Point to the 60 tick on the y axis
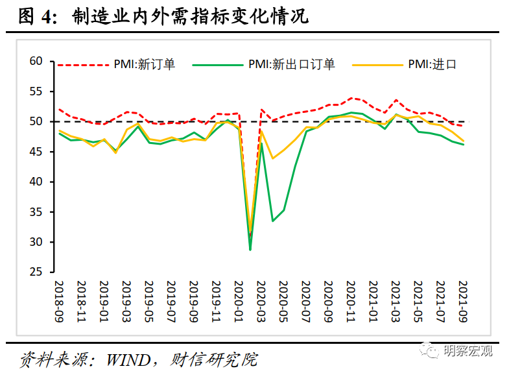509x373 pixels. pos(35,62)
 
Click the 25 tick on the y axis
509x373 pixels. pos(35,272)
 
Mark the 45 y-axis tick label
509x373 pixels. pos(35,152)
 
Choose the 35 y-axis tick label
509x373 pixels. pos(35,212)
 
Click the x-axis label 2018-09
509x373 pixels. pos(59,300)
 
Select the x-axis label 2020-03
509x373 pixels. pos(262,300)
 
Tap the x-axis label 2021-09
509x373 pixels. pos(464,300)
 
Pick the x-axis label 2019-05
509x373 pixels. pos(149,300)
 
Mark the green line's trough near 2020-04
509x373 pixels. pos(273,221)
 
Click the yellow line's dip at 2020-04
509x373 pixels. pos(273,158)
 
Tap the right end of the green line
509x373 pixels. pos(464,145)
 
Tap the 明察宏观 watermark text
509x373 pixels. pos(468,351)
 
